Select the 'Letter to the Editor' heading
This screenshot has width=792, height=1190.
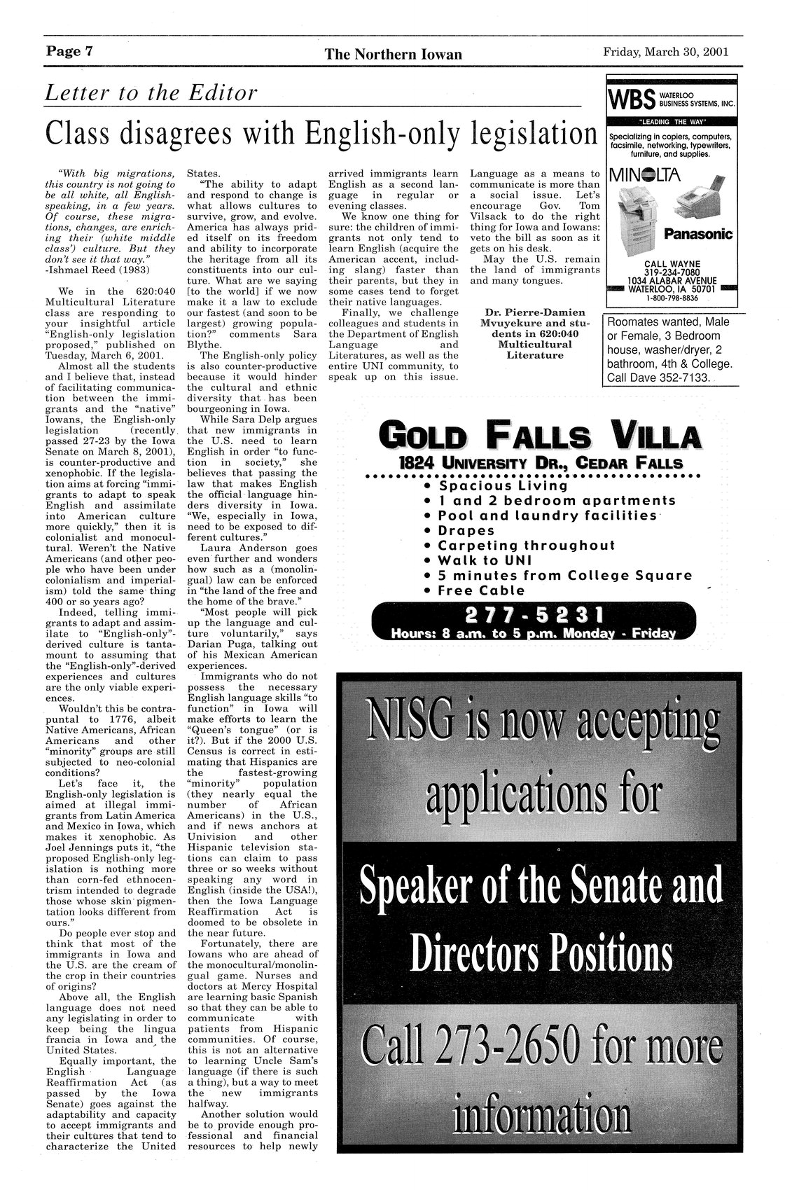(x=151, y=93)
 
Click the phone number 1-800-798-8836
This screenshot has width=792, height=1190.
(x=672, y=298)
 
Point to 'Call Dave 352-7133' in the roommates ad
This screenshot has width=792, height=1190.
(x=659, y=378)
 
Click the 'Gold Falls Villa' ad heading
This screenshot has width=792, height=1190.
(x=539, y=437)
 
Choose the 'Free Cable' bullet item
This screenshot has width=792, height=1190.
(x=481, y=590)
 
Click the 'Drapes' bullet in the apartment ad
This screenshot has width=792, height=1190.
(x=466, y=530)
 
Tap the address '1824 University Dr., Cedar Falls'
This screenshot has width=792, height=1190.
(x=539, y=464)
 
